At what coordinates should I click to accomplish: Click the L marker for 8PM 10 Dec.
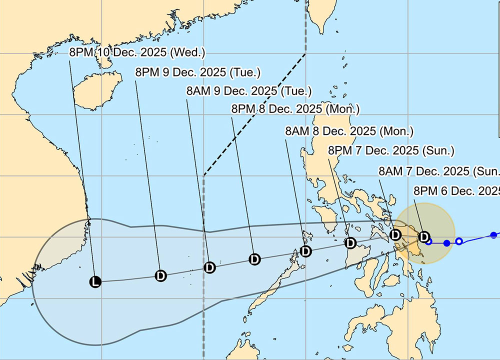[x=95, y=281]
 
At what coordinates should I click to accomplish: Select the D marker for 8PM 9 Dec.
[x=160, y=275]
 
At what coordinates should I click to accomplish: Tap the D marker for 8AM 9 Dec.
[x=210, y=267]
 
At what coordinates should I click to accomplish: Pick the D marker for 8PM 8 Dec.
[x=254, y=259]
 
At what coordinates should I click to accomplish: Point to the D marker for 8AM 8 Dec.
[x=305, y=251]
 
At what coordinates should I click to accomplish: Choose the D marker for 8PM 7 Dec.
[x=350, y=243]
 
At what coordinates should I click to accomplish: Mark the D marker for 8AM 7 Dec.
[x=395, y=234]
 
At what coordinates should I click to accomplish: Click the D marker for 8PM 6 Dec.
[x=424, y=236]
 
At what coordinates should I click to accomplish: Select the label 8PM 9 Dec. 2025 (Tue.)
[x=198, y=72]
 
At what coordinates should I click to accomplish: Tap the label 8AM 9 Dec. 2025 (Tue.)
[x=248, y=91]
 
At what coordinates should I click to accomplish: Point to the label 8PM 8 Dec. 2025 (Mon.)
[x=295, y=109]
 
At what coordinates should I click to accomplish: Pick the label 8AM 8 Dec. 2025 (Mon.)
[x=349, y=131]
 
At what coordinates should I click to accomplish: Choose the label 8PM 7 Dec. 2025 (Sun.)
[x=391, y=150]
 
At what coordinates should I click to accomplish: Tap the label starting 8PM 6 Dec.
[x=456, y=191]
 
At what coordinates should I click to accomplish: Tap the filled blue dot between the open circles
[x=446, y=243]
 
